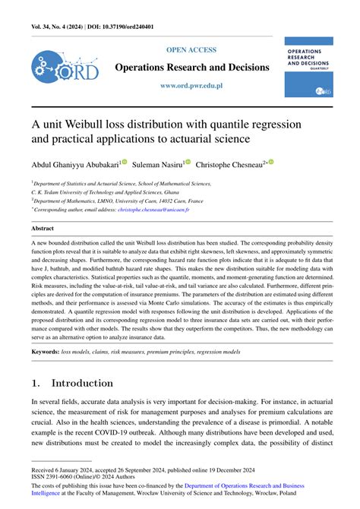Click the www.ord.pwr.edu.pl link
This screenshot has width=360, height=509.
click(x=191, y=86)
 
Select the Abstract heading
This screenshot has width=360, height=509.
click(x=43, y=227)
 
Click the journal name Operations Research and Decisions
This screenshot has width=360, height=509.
click(x=191, y=68)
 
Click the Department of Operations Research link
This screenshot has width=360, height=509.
click(x=244, y=484)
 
